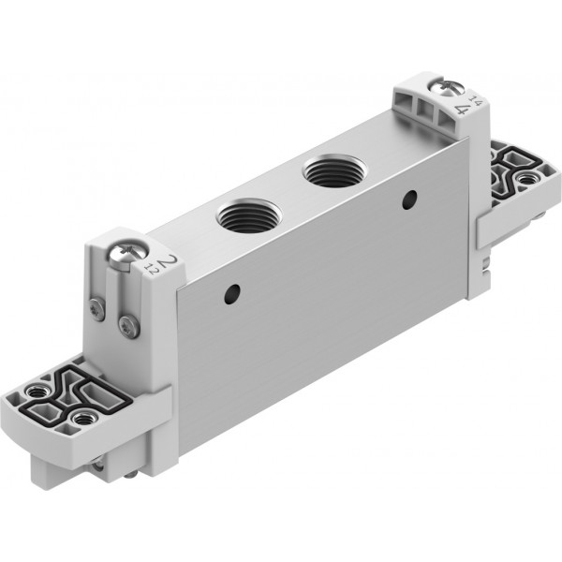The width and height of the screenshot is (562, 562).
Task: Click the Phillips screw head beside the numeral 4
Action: point(448,87)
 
